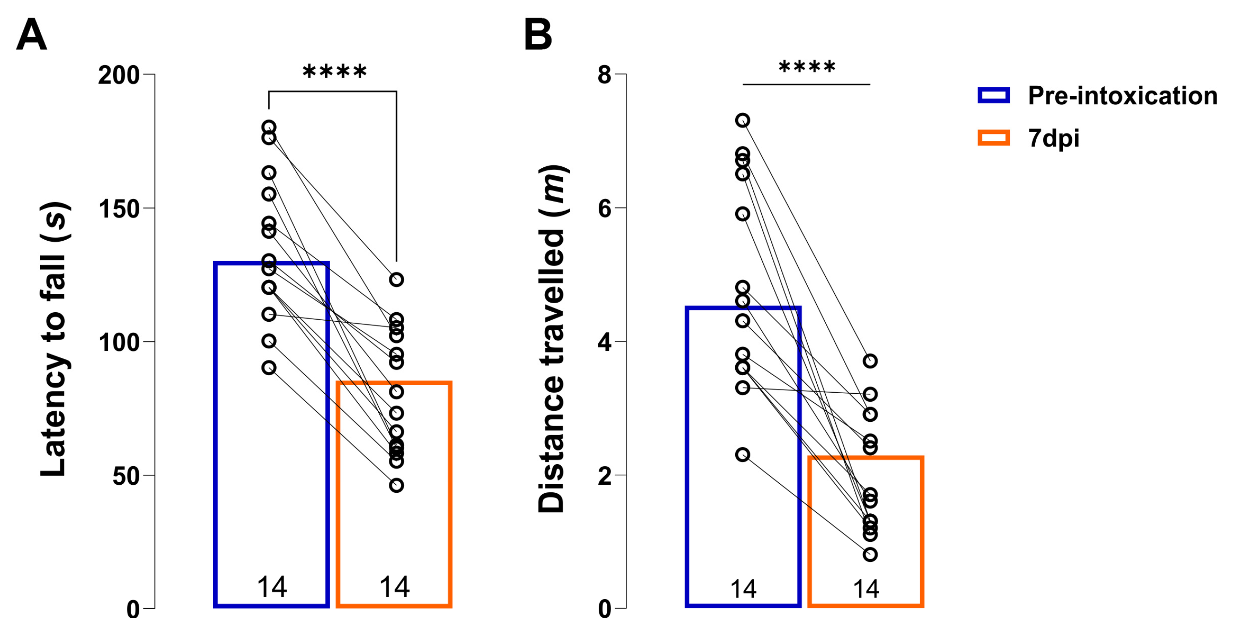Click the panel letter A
tap(31, 34)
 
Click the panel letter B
tap(538, 34)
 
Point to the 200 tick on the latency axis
tap(119, 75)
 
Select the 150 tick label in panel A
tap(119, 209)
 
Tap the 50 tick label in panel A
tap(126, 476)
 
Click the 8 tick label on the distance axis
tap(604, 75)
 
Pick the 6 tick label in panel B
tap(604, 209)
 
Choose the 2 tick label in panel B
tap(604, 476)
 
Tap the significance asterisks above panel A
tap(335, 72)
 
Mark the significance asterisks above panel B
tap(807, 67)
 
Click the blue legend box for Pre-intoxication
tap(994, 95)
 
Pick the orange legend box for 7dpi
tap(994, 138)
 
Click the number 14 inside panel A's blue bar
tap(272, 587)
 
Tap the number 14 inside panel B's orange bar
tap(866, 589)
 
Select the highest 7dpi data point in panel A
tap(396, 279)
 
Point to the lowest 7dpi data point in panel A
tap(396, 485)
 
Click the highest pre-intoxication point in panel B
tap(743, 120)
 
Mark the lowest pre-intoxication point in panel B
tap(743, 454)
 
